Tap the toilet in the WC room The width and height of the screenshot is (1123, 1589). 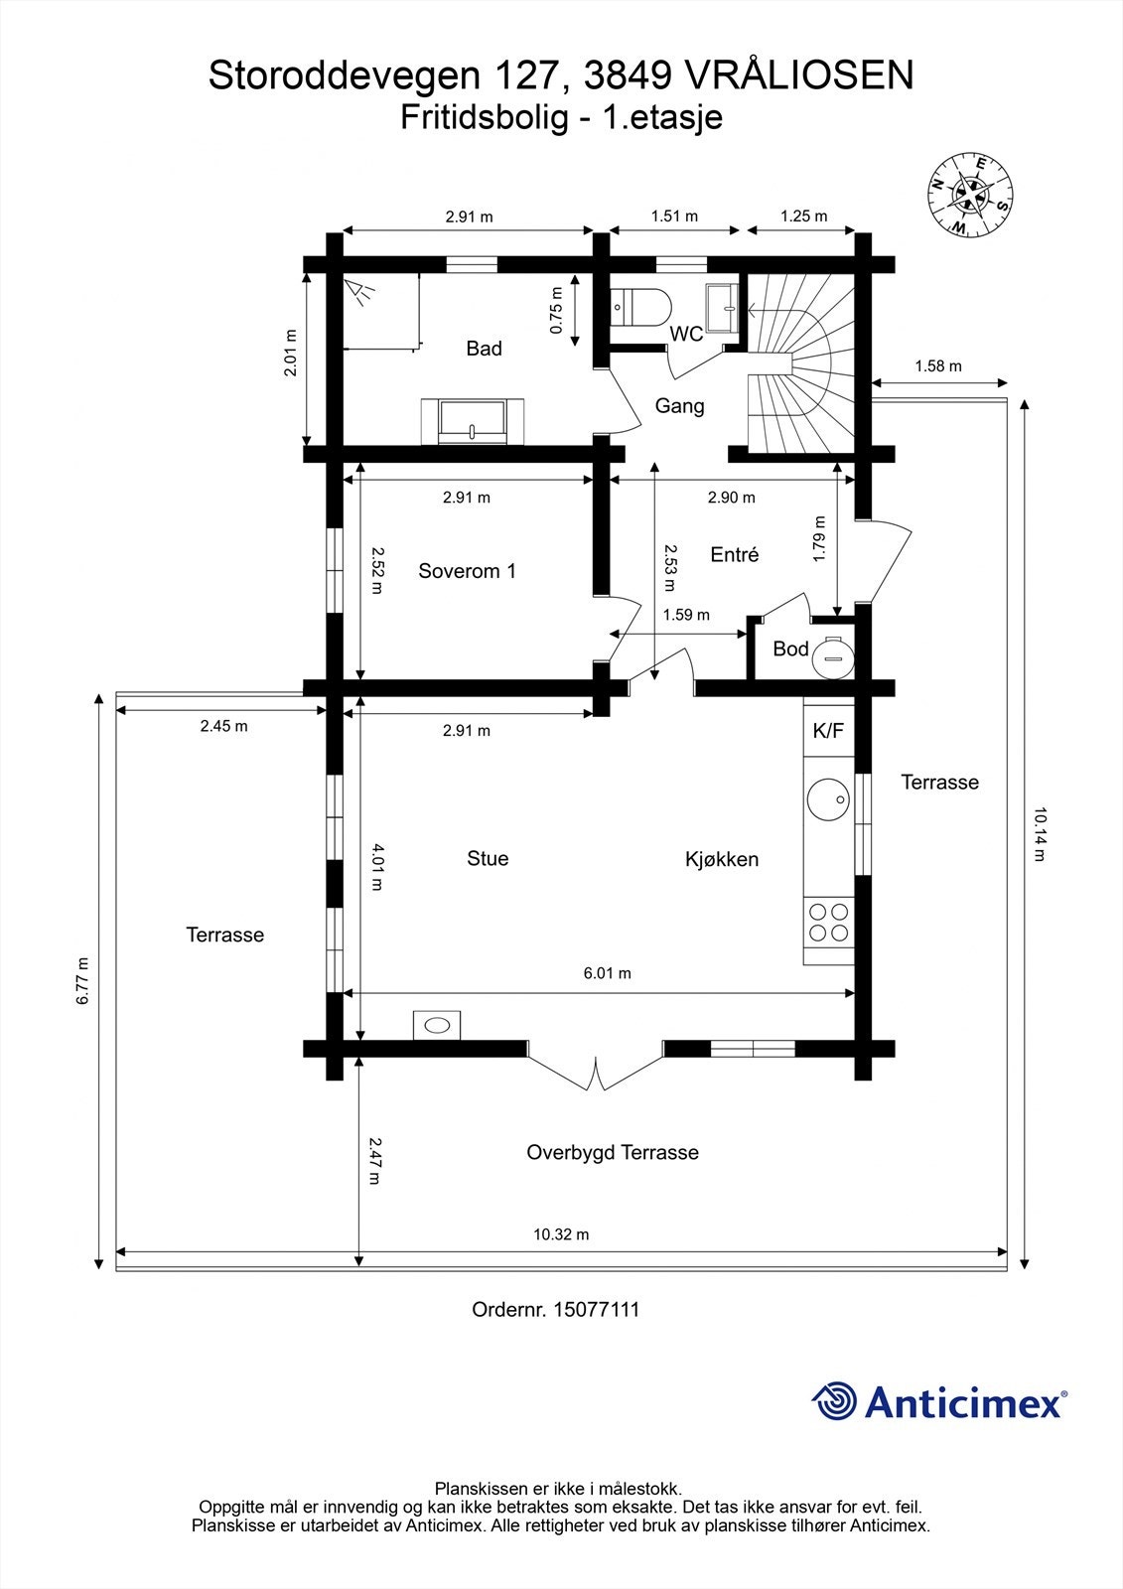click(640, 307)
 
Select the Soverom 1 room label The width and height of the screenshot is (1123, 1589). click(467, 571)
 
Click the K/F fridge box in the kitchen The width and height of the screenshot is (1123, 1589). click(828, 731)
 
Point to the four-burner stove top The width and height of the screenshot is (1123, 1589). click(829, 922)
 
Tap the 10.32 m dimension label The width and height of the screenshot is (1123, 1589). click(561, 1234)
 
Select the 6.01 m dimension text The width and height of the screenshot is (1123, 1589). click(607, 973)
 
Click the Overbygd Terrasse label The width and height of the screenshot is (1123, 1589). click(613, 1152)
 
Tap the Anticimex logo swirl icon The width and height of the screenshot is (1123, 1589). click(835, 1401)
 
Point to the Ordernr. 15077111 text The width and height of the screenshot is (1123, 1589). click(555, 1309)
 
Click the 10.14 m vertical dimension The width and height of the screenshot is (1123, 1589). click(1039, 834)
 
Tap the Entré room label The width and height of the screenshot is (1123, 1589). click(735, 555)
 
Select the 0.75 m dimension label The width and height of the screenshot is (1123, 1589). click(556, 310)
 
